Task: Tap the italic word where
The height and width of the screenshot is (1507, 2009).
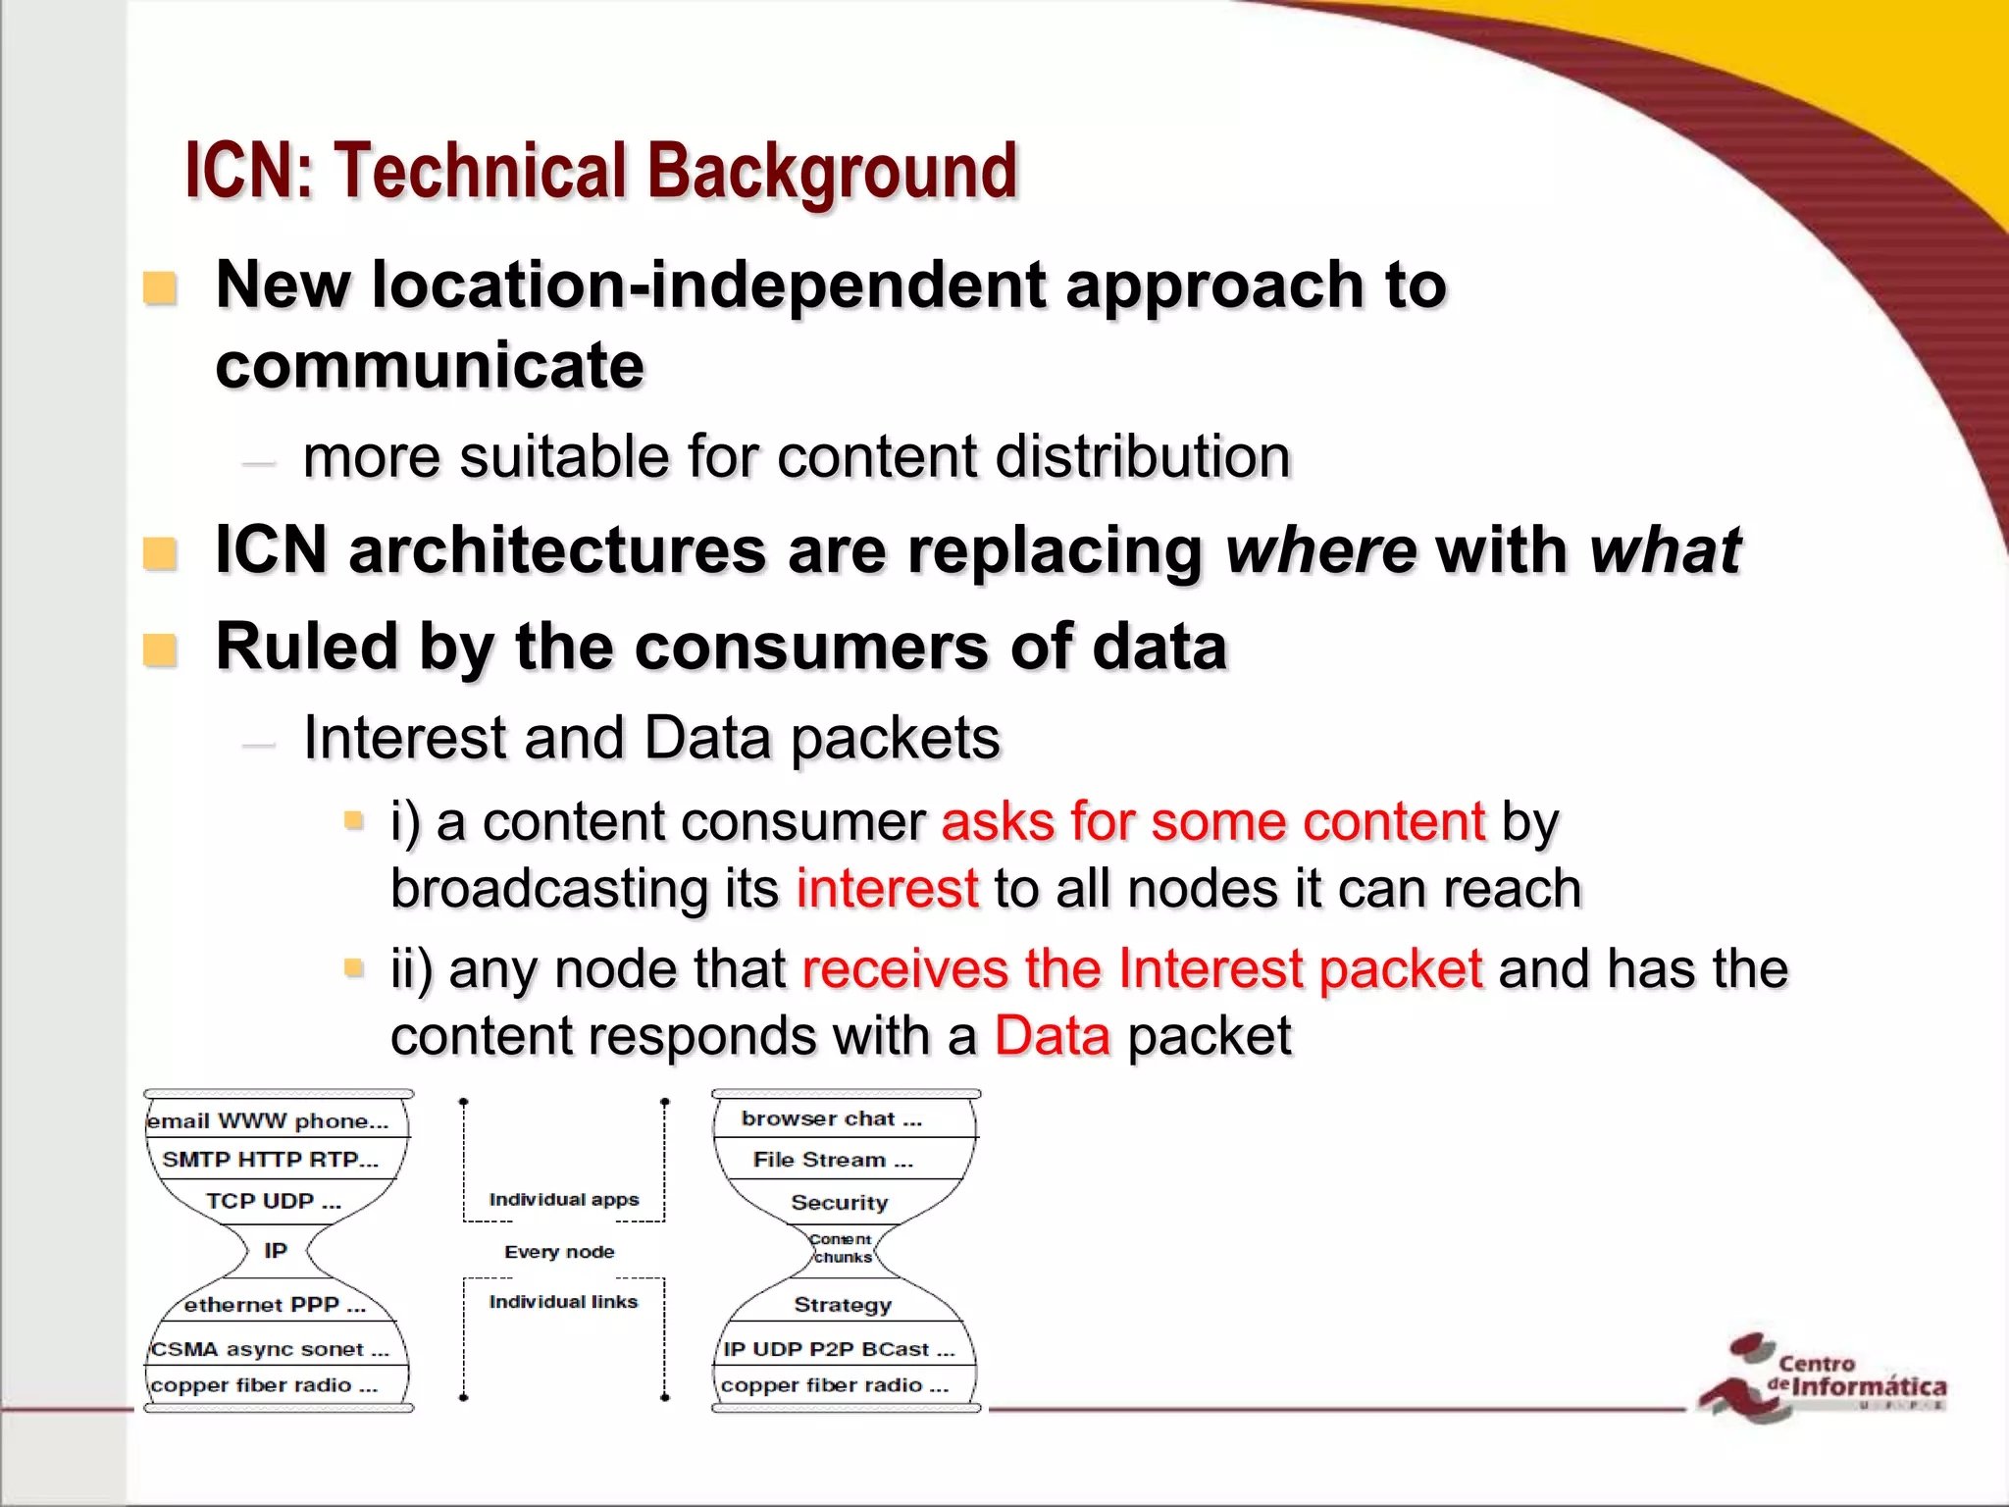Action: pos(1320,550)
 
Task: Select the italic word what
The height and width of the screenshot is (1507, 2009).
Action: pos(1665,550)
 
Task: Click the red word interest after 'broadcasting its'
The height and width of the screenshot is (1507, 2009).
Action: pos(887,889)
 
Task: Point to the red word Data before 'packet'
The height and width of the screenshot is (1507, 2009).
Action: pos(1053,1036)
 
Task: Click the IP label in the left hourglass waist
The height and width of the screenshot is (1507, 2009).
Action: pos(276,1251)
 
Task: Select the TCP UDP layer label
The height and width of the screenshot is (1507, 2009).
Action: pos(274,1201)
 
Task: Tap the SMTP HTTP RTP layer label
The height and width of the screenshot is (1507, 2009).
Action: pos(270,1160)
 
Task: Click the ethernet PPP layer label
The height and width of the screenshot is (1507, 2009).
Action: pos(275,1305)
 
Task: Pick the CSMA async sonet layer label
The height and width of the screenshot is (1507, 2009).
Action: pos(270,1350)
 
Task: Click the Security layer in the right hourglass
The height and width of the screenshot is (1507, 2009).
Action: pos(840,1203)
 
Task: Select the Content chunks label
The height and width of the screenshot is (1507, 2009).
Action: pos(842,1248)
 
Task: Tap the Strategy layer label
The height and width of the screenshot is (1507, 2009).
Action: pos(843,1305)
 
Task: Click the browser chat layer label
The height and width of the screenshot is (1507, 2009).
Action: pos(832,1118)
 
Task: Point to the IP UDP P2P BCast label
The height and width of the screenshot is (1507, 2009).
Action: pos(839,1350)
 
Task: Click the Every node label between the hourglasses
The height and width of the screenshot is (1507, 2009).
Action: pos(559,1252)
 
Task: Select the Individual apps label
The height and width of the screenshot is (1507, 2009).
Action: pos(564,1200)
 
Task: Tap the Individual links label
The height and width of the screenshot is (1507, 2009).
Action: pos(563,1302)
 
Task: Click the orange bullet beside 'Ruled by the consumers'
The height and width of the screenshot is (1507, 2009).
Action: pos(160,650)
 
